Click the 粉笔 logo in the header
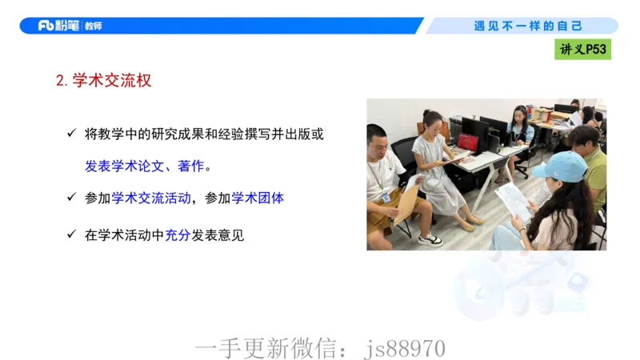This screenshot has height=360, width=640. point(58,26)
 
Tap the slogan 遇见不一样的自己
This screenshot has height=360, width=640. point(528,26)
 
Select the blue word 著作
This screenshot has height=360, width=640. point(190,166)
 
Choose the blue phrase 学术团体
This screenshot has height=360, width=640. point(258,198)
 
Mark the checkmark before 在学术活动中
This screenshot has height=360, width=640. point(71,234)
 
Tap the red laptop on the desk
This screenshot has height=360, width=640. point(470,142)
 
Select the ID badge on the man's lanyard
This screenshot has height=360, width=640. point(386,196)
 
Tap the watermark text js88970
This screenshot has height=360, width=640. point(404,349)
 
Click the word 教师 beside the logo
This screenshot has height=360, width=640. point(94,26)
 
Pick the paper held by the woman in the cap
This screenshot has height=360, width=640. point(512,200)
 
